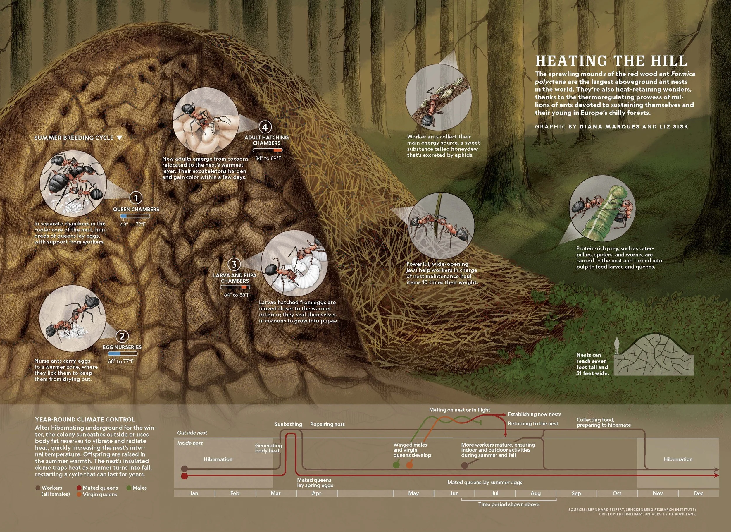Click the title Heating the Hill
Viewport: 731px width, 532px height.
coord(611,61)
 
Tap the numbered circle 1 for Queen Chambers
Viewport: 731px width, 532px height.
coord(136,198)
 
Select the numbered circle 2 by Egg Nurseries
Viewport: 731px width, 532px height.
coord(122,337)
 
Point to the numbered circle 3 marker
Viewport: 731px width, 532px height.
coord(234,265)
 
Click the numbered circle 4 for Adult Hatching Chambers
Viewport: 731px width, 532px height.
coord(265,127)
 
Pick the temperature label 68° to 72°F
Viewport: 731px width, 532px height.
coord(133,224)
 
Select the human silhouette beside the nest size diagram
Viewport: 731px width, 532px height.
coord(617,346)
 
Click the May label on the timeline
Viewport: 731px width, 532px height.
coord(413,493)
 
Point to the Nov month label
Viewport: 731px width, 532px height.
coord(658,493)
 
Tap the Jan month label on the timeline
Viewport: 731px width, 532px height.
coord(194,493)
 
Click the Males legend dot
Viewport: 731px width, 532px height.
coord(129,488)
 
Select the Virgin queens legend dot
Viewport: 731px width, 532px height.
coord(79,494)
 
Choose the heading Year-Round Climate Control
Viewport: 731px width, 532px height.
coord(85,419)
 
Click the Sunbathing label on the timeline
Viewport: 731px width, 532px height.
coord(288,424)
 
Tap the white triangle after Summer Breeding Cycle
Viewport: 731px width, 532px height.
coord(119,138)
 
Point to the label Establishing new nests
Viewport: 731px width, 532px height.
coord(535,414)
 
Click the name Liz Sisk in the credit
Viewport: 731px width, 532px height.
coord(674,127)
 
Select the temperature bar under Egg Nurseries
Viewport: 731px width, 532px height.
coord(123,354)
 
